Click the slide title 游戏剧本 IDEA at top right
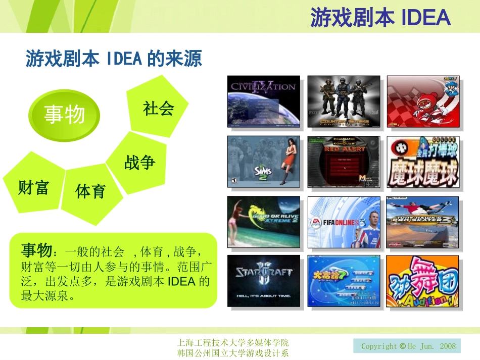click(x=380, y=18)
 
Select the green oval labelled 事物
click(x=64, y=115)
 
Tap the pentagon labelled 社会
click(x=158, y=108)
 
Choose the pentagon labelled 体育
click(x=91, y=191)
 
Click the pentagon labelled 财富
click(x=33, y=187)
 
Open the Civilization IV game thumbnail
click(x=263, y=101)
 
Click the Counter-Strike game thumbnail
click(x=343, y=101)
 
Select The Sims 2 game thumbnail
click(x=263, y=162)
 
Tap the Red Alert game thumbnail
click(x=343, y=162)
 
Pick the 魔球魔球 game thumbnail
click(x=423, y=162)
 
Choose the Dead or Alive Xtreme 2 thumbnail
click(x=263, y=222)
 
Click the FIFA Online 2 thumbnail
click(x=343, y=222)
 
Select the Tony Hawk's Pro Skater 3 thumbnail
click(x=423, y=222)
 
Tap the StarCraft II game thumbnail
click(x=263, y=281)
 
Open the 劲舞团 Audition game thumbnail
click(x=423, y=281)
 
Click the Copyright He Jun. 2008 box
click(x=407, y=346)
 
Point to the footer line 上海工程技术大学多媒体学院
click(x=234, y=343)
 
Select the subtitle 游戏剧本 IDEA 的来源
click(x=114, y=59)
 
